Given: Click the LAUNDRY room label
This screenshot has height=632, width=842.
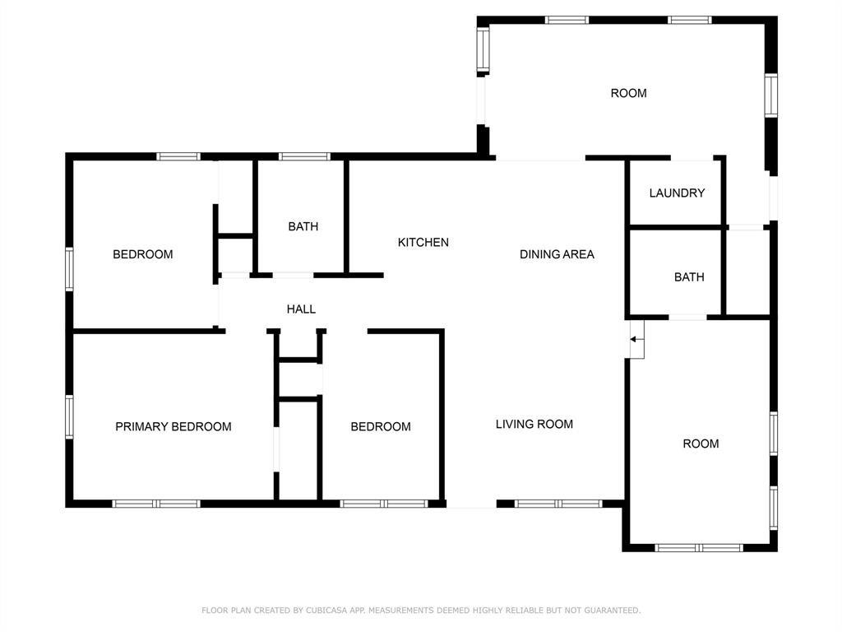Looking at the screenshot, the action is tap(677, 193).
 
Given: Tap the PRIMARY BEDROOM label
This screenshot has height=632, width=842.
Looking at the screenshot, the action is tap(173, 427).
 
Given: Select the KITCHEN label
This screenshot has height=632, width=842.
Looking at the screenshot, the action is tap(423, 243).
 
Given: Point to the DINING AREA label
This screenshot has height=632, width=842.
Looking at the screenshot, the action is tap(557, 254).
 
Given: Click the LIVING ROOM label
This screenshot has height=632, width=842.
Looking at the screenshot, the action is tap(534, 424).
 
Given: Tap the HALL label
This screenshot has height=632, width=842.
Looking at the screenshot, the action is tap(301, 309).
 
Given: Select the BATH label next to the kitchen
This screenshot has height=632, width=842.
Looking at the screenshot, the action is tap(303, 226).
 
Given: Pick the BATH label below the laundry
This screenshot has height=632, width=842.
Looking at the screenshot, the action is tap(689, 276).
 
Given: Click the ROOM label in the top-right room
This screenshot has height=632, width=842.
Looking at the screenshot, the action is tap(629, 93).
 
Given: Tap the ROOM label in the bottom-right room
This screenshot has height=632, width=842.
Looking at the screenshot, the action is tap(701, 444).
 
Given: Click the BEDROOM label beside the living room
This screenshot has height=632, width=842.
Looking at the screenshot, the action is tap(381, 427).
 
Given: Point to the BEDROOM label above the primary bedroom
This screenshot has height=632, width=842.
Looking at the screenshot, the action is tap(143, 254).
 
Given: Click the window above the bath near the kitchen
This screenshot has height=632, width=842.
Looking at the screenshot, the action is tap(304, 156).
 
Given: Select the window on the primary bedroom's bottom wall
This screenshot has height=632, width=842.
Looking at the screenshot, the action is tap(156, 504).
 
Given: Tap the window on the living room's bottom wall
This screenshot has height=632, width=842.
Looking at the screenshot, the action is tap(558, 504).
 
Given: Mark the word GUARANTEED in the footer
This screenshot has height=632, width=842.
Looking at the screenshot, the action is tap(612, 610).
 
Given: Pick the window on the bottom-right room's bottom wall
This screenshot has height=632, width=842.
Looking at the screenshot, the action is tap(699, 547).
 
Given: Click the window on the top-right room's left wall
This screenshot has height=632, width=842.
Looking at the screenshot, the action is tap(483, 50).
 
